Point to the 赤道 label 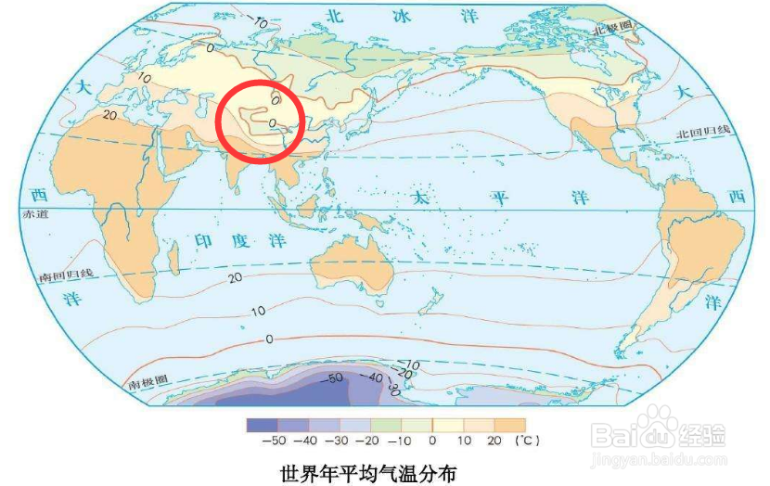pos(31,214)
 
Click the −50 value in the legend pos(275,441)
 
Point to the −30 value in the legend pos(342,441)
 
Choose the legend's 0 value pos(432,441)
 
